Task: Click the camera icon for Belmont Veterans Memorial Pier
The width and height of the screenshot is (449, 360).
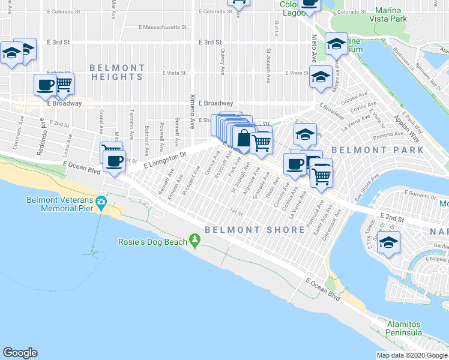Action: click(x=102, y=200)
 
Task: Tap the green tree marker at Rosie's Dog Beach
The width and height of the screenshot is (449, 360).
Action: click(x=194, y=241)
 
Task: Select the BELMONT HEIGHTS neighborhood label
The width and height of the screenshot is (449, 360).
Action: click(x=117, y=73)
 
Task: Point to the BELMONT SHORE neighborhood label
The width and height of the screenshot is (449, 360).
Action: click(x=255, y=230)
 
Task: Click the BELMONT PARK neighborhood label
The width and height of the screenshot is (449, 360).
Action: click(x=378, y=149)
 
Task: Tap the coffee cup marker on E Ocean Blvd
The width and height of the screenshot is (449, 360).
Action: click(x=114, y=161)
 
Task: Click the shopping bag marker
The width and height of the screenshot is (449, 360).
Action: click(x=243, y=139)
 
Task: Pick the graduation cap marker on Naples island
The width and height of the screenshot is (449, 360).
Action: click(x=390, y=243)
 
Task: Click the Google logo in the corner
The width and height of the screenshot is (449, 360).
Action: click(x=20, y=353)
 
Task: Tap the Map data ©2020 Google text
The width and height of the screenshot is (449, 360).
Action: click(x=412, y=355)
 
